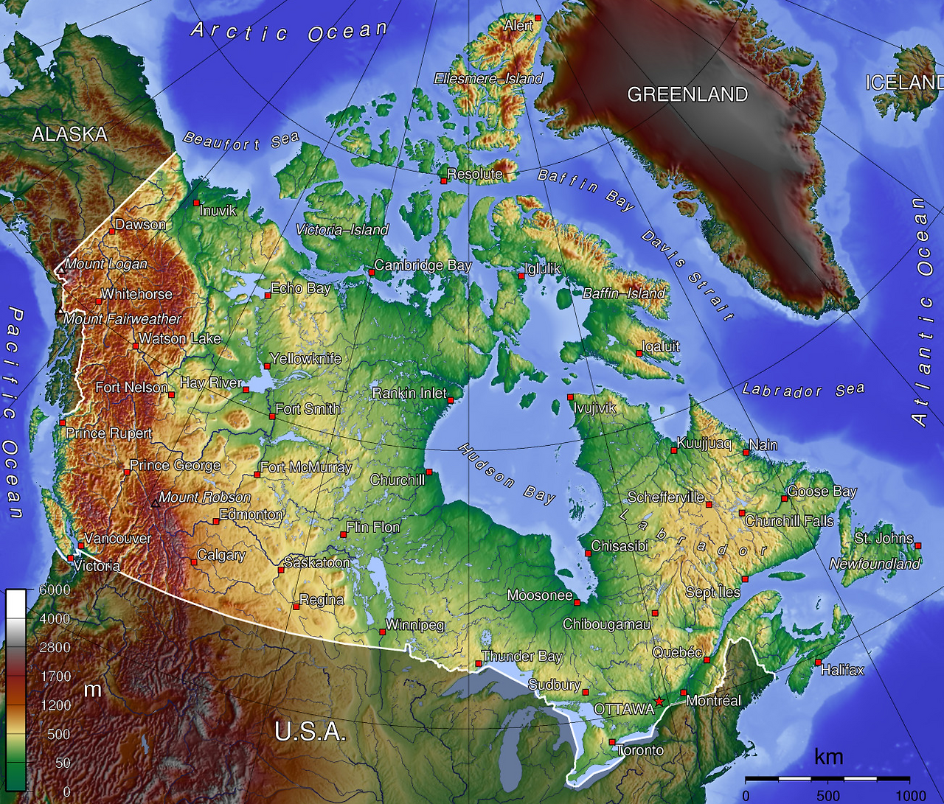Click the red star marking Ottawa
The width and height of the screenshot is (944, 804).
[659, 701]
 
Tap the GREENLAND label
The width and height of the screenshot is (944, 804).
[687, 94]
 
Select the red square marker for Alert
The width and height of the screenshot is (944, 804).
[538, 18]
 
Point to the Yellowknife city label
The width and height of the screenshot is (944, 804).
[306, 359]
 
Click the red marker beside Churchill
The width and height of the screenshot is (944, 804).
[428, 472]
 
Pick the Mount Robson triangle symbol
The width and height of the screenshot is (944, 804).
[155, 505]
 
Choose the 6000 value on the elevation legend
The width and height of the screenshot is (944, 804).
[55, 590]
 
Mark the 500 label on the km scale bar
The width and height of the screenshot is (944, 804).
[828, 795]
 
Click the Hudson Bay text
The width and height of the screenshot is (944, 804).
[507, 474]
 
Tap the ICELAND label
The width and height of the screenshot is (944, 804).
[904, 83]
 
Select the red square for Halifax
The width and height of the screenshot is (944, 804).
[818, 663]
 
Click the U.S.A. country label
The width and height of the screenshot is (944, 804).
[310, 732]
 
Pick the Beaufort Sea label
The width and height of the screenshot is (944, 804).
[240, 141]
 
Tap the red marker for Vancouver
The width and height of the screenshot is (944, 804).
[80, 545]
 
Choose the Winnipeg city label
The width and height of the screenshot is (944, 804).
[415, 625]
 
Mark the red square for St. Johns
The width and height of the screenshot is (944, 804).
[918, 546]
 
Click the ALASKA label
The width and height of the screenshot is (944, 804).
[69, 134]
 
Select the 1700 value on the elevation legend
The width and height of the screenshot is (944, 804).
[55, 677]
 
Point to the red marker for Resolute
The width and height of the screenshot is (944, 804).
[444, 181]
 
